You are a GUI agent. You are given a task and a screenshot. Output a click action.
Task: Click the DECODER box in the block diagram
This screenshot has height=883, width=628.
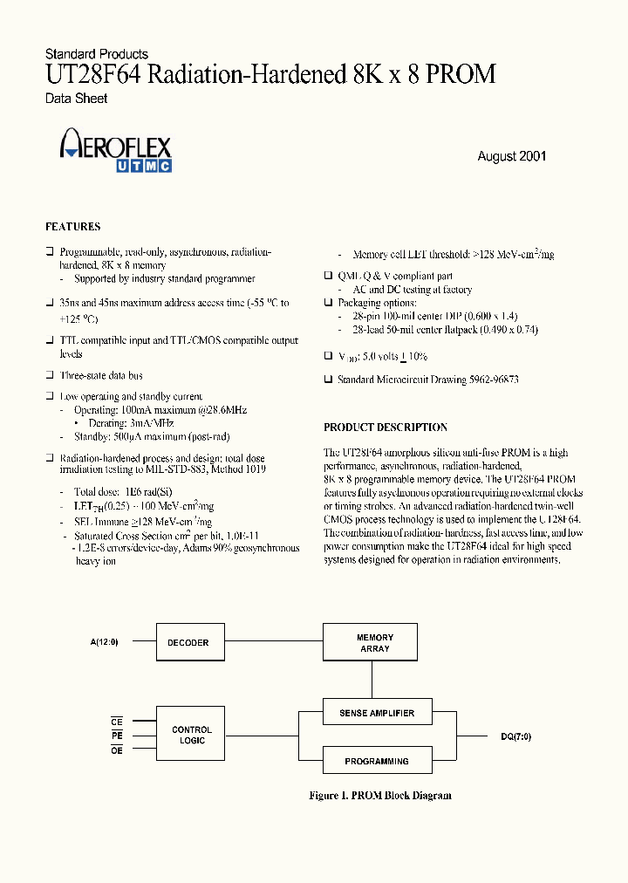(x=188, y=642)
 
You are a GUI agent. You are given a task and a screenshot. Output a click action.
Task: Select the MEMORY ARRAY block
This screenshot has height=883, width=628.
(x=375, y=643)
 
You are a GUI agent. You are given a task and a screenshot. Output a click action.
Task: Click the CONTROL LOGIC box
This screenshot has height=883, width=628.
(x=192, y=735)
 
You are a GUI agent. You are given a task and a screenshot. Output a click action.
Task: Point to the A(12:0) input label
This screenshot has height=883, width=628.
(x=103, y=642)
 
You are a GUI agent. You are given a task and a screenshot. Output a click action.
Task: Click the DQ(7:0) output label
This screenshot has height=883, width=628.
(x=515, y=736)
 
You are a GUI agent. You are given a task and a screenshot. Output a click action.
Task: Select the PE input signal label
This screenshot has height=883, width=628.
(x=117, y=735)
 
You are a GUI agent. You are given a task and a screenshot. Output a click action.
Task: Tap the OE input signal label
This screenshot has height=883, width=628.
(x=117, y=750)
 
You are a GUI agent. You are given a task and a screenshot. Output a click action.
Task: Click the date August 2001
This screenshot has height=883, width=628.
(x=511, y=156)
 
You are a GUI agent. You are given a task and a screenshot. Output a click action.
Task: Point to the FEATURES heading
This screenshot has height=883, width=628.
(x=72, y=227)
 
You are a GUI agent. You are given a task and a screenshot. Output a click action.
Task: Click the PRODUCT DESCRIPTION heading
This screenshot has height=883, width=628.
(x=386, y=428)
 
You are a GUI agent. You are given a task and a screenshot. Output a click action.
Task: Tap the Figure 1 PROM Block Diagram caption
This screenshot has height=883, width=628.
(x=380, y=795)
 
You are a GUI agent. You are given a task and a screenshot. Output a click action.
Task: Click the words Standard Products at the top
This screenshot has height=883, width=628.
(x=96, y=54)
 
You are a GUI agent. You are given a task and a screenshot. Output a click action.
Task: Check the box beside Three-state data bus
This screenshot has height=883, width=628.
(x=50, y=375)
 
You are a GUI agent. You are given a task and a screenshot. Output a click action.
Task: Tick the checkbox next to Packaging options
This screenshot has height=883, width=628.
(x=329, y=303)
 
